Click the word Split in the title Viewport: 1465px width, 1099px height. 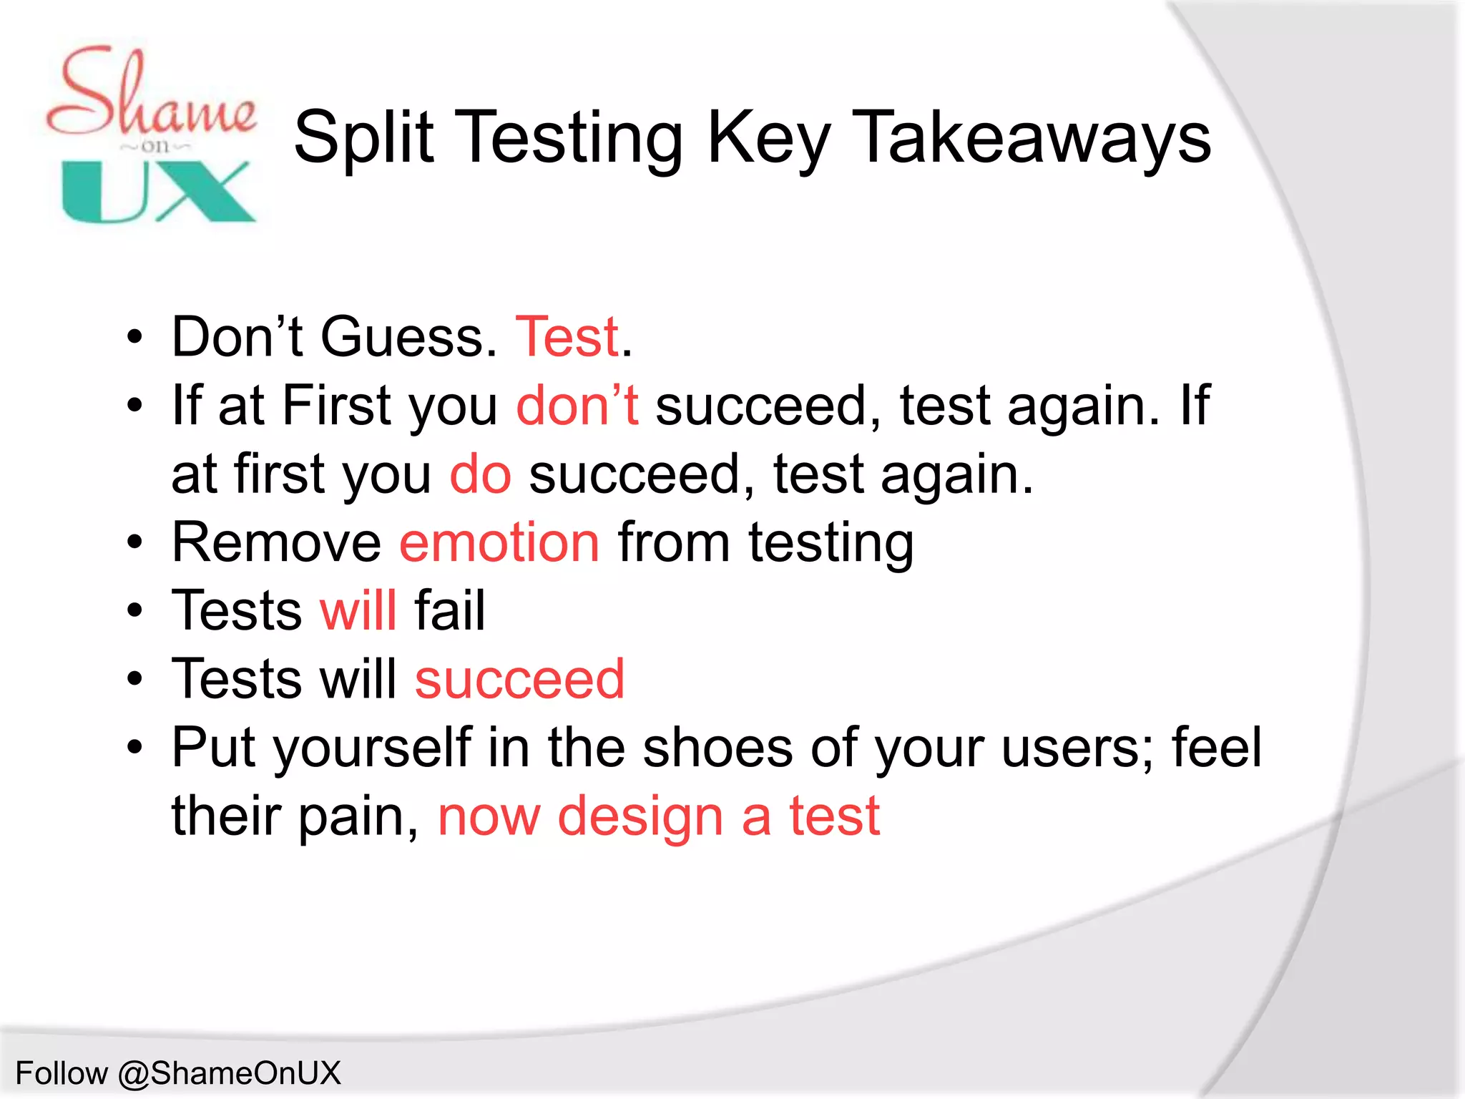tap(363, 137)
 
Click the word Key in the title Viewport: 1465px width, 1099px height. tap(768, 137)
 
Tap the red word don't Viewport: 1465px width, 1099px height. tap(577, 406)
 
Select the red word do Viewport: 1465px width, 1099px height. tap(480, 474)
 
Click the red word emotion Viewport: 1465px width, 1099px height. tap(499, 542)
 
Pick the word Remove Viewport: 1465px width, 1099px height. tap(276, 542)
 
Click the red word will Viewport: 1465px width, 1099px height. tap(358, 611)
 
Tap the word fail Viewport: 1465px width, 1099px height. tap(450, 611)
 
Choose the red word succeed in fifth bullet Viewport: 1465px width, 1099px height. tap(519, 679)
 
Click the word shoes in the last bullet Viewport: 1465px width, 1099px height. tap(717, 748)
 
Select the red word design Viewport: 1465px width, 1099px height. tap(640, 816)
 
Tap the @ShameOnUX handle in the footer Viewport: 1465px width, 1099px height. tap(229, 1073)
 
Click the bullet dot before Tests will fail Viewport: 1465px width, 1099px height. tap(134, 611)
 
